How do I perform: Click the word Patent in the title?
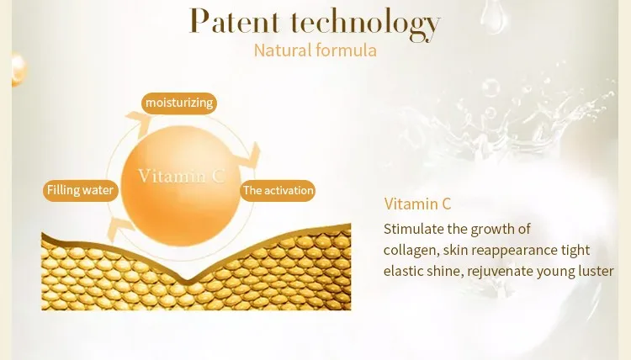234,21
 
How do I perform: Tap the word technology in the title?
365,24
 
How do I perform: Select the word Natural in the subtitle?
283,50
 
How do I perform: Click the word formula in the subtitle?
347,50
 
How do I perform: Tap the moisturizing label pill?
179,103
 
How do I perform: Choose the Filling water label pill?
81,190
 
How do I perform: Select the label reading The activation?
278,191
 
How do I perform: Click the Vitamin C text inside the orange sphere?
182,176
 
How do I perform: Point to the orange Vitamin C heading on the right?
417,204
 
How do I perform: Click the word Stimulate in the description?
414,229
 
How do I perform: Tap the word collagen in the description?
411,251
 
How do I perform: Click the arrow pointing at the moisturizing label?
139,120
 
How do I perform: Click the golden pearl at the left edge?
19,69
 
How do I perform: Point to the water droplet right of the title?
494,17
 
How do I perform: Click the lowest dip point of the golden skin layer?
186,280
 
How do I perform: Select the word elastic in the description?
403,271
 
